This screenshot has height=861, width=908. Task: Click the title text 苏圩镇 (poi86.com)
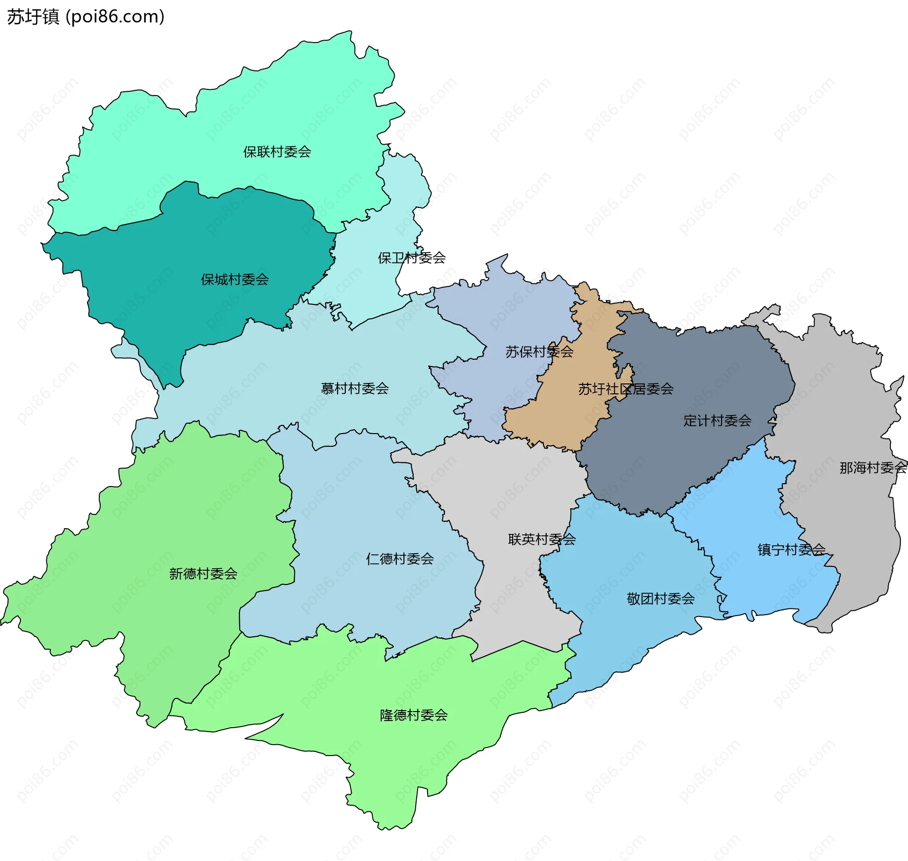point(86,17)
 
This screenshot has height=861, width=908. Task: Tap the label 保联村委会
point(277,152)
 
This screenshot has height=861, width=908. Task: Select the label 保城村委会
point(235,279)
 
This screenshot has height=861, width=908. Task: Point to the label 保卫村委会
point(411,258)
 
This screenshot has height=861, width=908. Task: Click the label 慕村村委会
point(355,389)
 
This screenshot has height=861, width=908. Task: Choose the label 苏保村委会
point(539,352)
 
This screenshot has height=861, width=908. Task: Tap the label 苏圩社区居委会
point(626,389)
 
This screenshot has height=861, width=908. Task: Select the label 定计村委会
point(717,420)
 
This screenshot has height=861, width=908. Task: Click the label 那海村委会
point(873,468)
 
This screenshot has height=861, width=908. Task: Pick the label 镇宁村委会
point(791,549)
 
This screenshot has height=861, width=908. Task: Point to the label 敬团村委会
point(660,599)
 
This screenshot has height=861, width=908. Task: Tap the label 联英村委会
point(541,539)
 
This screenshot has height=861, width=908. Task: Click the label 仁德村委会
point(400,559)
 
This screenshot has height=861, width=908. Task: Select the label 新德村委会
point(203,574)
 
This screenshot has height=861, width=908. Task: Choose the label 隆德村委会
point(413,715)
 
